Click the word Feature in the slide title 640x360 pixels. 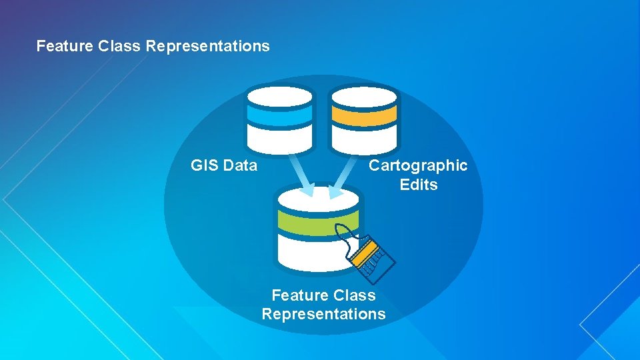[x=63, y=46]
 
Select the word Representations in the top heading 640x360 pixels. [x=207, y=46]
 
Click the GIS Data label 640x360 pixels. [x=223, y=165]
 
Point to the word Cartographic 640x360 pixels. [x=418, y=165]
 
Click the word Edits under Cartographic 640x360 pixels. [x=419, y=185]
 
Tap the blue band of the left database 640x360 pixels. [x=279, y=115]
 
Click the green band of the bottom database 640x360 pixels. [x=313, y=221]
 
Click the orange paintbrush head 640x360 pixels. [x=369, y=257]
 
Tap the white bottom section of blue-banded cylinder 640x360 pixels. [x=279, y=139]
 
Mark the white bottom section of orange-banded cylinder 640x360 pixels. [x=364, y=139]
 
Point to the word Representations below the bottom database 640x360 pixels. [x=323, y=314]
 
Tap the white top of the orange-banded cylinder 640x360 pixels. [x=364, y=96]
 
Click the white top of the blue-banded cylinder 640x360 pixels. [x=279, y=96]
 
